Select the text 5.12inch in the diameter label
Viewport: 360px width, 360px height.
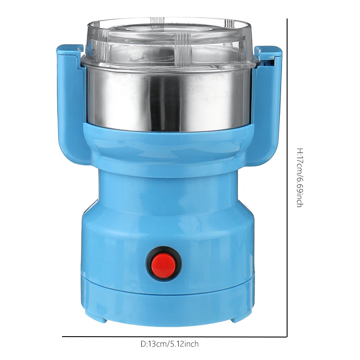[x=184, y=344]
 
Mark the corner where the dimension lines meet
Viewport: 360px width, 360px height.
[x=287, y=336]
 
